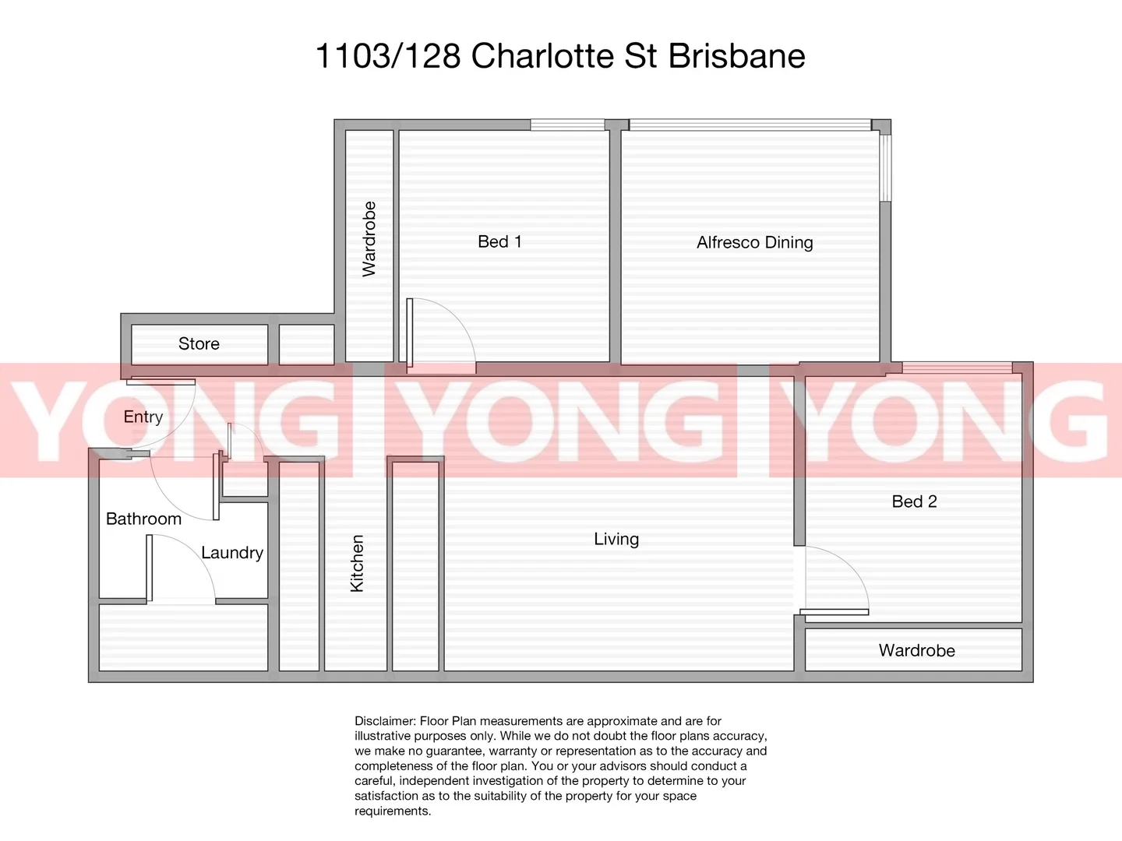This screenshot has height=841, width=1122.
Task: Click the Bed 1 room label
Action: coord(499,241)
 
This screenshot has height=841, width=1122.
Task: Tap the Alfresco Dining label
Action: coord(754,242)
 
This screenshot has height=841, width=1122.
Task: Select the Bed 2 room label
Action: coord(914,501)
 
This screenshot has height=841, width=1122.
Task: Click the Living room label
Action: coord(616,539)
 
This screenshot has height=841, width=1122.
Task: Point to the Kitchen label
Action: coord(358,563)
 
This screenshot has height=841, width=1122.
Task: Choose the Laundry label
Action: coord(231,553)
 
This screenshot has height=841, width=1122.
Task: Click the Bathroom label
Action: coord(143,519)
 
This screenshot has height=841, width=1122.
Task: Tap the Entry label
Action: coord(143,417)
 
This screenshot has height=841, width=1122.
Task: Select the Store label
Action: coord(199,343)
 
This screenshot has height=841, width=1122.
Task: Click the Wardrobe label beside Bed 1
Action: coord(369,239)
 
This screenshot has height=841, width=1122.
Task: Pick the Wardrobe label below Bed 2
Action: coord(916,650)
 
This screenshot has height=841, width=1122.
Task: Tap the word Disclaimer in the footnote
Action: coord(385,721)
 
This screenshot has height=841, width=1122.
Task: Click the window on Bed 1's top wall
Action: coord(567,125)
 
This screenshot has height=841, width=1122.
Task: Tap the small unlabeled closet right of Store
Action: coord(306,344)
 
